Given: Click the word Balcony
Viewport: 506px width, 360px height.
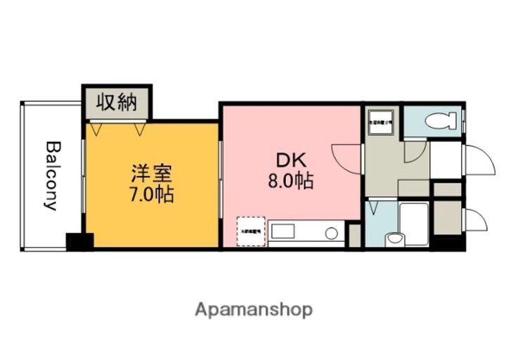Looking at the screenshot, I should (51, 176).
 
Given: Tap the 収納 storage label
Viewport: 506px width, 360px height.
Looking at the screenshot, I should (116, 103).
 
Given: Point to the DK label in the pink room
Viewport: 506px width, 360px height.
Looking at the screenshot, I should (290, 159).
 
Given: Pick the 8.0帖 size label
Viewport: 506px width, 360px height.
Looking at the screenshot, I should (290, 181).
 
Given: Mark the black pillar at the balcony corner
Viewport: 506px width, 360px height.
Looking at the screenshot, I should (79, 241).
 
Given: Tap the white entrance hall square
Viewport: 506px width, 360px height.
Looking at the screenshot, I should (446, 162).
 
